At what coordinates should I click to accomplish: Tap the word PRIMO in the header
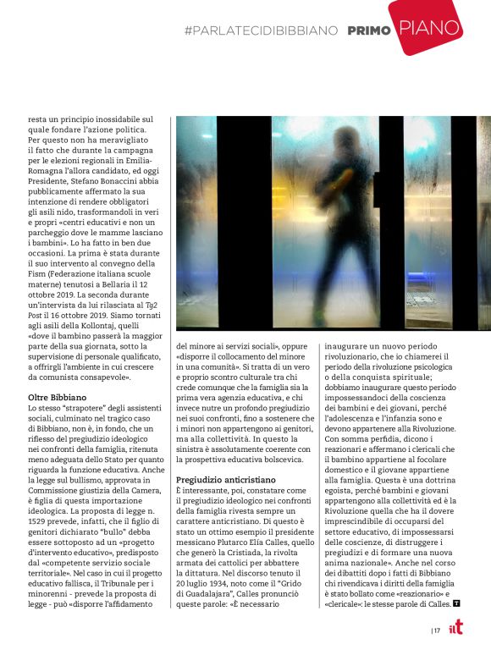369,30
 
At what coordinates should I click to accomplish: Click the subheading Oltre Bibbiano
57,397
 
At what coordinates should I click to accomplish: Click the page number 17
437,630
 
